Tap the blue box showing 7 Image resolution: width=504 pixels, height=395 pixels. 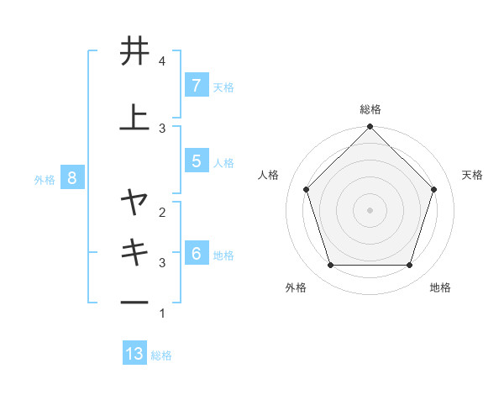(196, 85)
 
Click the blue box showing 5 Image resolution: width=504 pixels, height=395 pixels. (196, 161)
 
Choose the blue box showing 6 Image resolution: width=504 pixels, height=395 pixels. (196, 254)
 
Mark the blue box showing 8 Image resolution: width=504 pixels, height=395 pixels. (72, 177)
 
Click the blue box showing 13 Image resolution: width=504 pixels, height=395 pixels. (134, 354)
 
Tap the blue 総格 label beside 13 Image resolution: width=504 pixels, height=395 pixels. (161, 355)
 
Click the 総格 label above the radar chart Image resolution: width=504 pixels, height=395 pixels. (370, 109)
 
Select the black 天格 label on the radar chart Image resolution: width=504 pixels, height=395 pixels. (473, 175)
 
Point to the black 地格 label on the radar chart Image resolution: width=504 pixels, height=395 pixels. (440, 287)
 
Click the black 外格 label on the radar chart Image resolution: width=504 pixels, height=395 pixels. (296, 287)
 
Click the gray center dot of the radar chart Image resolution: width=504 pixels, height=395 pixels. (370, 209)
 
